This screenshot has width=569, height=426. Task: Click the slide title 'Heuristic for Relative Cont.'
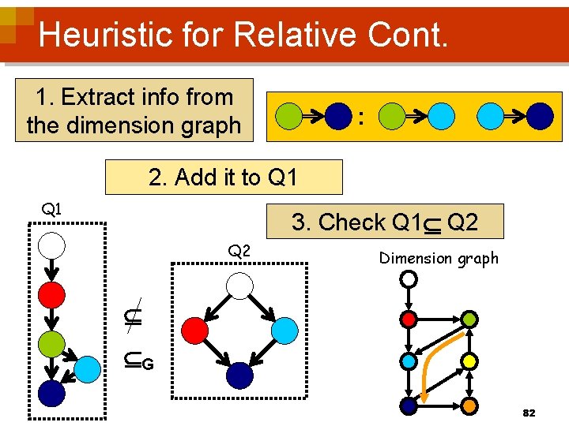click(x=243, y=35)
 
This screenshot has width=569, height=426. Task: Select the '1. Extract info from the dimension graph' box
click(x=134, y=110)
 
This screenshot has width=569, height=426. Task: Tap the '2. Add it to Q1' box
click(x=224, y=177)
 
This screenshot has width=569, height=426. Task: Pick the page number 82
click(x=529, y=413)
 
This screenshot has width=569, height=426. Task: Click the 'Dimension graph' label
click(x=439, y=258)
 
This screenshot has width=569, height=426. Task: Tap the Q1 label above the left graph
click(x=52, y=209)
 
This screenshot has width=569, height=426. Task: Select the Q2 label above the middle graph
click(x=239, y=252)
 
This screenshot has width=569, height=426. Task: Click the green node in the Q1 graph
click(x=52, y=344)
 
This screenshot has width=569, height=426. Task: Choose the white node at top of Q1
click(x=52, y=246)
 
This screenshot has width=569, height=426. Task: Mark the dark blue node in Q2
click(x=239, y=375)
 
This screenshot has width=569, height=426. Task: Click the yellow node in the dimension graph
click(x=469, y=361)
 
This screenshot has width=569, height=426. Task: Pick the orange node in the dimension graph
click(x=469, y=405)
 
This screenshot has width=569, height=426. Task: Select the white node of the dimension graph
click(x=409, y=279)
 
